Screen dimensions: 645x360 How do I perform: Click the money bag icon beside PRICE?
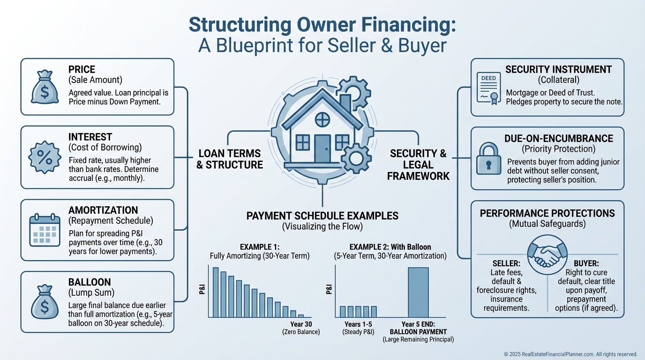(x=45, y=87)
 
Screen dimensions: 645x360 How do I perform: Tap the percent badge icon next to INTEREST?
(x=45, y=157)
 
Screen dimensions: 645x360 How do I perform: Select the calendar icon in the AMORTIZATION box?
(x=45, y=230)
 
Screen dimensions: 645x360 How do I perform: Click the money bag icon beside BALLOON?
(x=45, y=302)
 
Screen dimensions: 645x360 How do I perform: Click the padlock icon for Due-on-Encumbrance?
(x=488, y=158)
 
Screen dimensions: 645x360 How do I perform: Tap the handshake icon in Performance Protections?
(x=547, y=255)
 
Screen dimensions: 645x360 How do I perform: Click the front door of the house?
(x=322, y=149)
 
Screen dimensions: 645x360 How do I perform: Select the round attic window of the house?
(x=322, y=120)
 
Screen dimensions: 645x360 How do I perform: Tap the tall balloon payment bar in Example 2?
(x=418, y=292)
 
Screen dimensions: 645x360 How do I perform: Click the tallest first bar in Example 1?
(x=216, y=292)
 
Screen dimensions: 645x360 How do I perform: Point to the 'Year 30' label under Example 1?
(x=301, y=324)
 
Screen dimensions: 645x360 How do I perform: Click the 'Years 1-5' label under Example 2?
(x=358, y=324)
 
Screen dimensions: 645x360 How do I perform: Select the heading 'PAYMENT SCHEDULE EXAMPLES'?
(x=322, y=216)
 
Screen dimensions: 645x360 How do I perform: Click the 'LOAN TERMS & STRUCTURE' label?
(x=230, y=159)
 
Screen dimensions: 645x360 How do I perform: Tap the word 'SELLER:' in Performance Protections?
(x=506, y=263)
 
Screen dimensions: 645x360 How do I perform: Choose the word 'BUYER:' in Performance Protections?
(x=586, y=263)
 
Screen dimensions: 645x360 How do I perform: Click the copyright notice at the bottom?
(x=570, y=354)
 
